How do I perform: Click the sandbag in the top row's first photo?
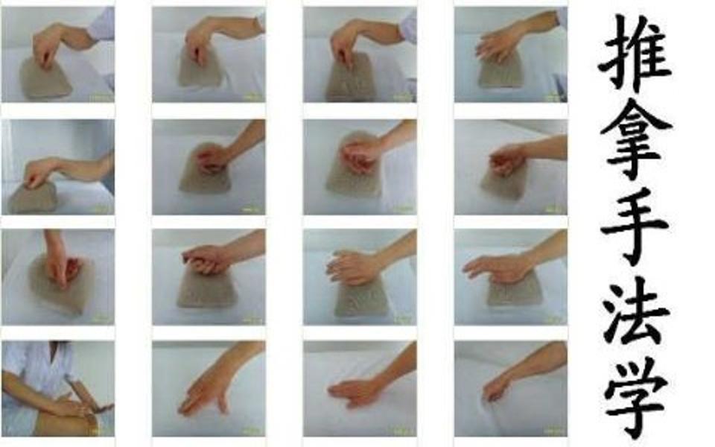point(44,80)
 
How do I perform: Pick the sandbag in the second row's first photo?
point(33,197)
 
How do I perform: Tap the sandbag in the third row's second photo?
point(206,288)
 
